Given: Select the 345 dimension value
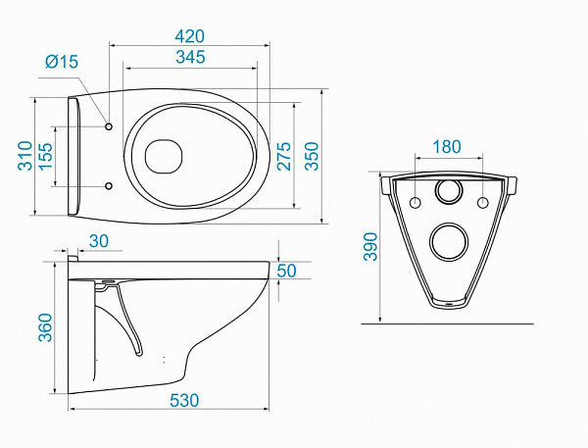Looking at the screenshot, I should (x=186, y=57).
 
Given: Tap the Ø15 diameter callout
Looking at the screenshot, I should (x=63, y=64).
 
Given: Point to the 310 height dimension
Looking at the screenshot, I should (x=24, y=155).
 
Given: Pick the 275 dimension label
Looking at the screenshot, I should (x=284, y=156).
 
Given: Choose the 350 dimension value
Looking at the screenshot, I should (x=311, y=156).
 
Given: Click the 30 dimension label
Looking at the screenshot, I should (x=99, y=241).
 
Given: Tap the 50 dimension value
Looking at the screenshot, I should (x=287, y=271).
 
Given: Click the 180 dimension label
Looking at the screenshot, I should (x=446, y=147).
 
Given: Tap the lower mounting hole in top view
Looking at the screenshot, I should (x=108, y=185).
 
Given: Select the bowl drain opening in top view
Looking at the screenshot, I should (x=164, y=156).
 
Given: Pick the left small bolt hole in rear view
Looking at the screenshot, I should (x=415, y=203).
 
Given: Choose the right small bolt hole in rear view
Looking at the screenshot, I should (x=482, y=203).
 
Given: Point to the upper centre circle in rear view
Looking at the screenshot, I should (x=449, y=191).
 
